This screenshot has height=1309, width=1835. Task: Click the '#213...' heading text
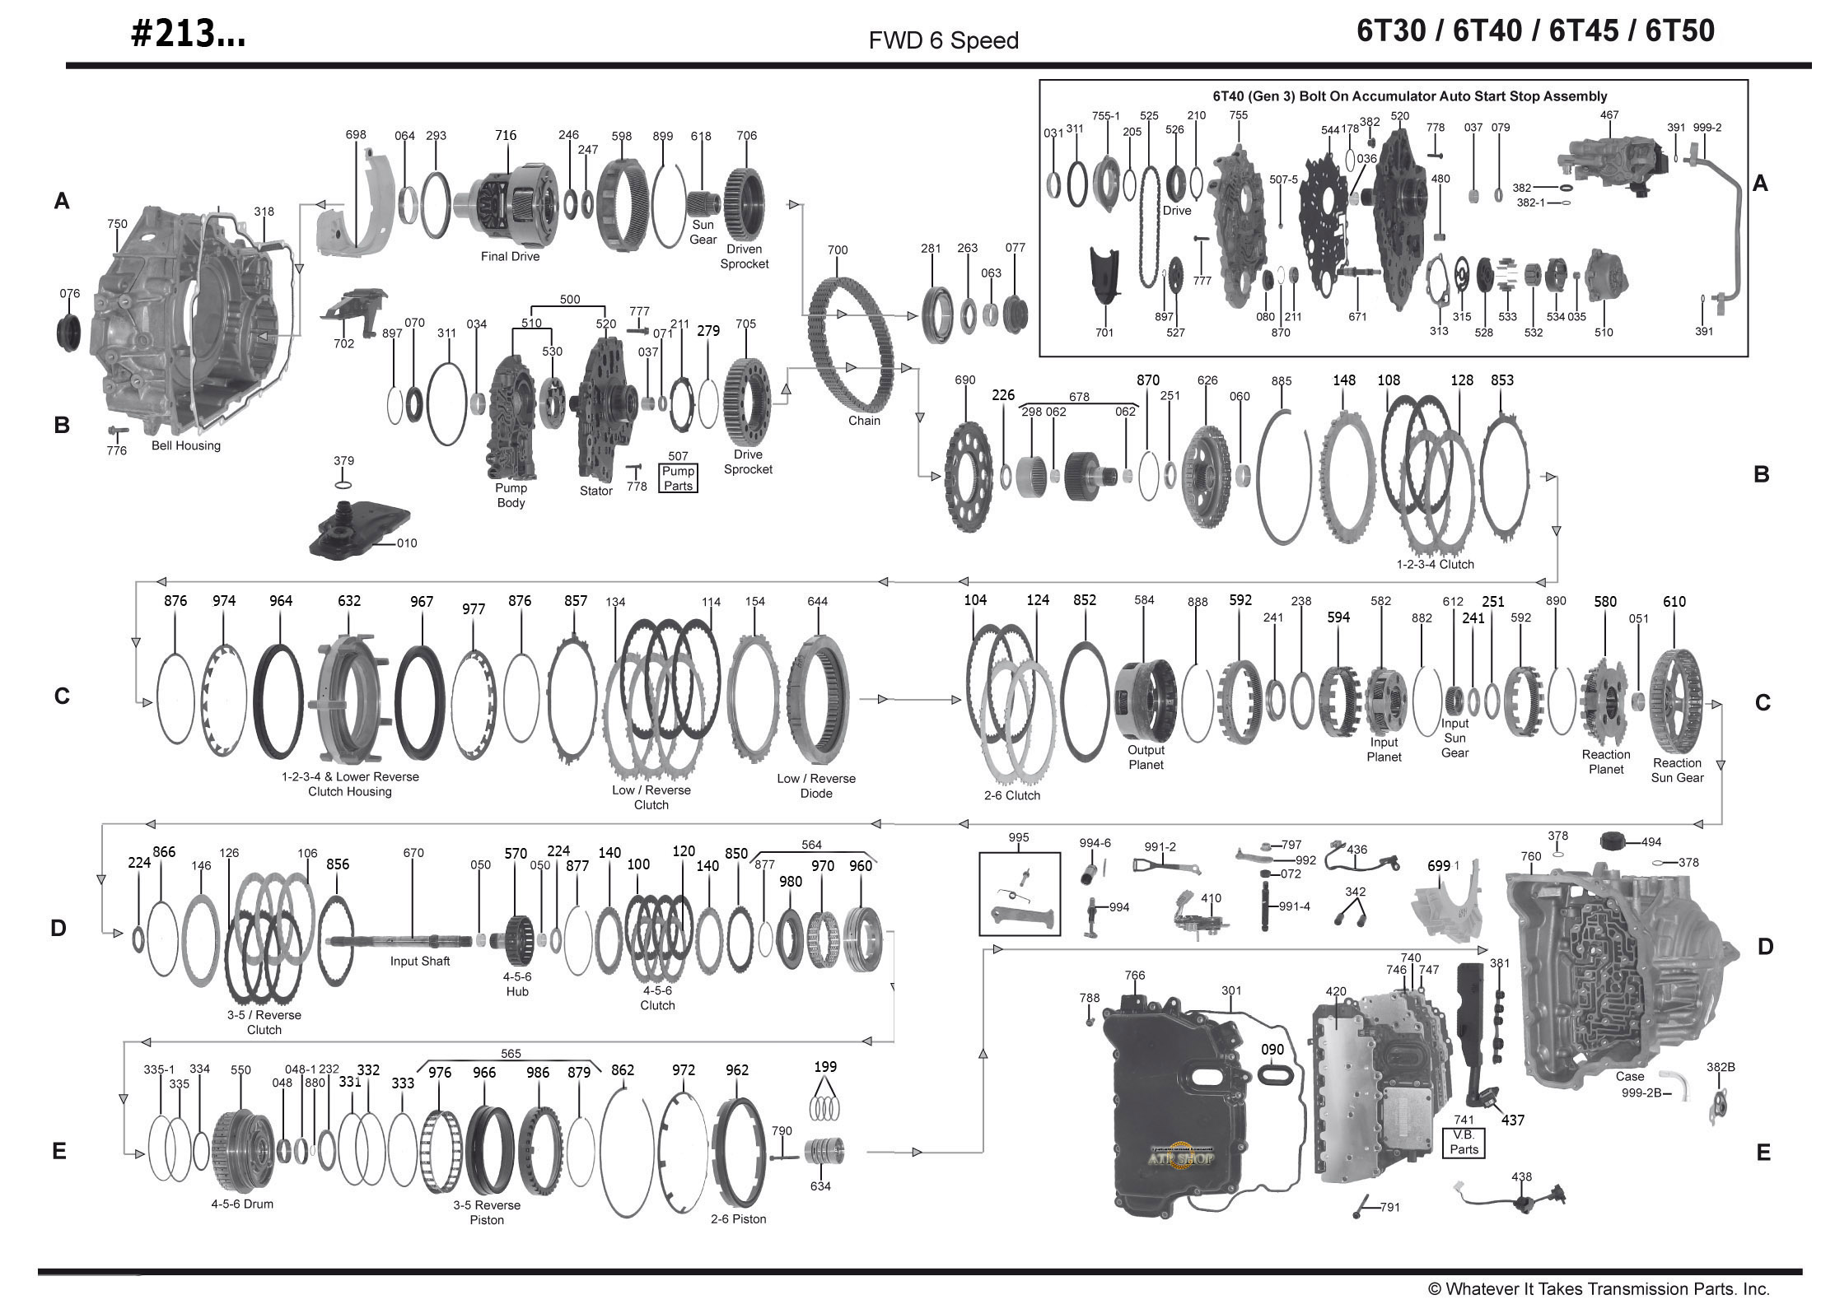[188, 34]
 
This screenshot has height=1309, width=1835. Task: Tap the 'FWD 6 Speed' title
[943, 40]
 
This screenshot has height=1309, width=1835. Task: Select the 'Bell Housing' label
[185, 445]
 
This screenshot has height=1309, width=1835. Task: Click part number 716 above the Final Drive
[505, 135]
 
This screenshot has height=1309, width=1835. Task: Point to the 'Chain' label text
[864, 421]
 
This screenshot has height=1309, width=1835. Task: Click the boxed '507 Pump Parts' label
[678, 471]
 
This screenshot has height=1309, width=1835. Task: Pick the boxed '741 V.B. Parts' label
[1464, 1141]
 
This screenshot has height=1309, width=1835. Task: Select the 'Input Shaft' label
[420, 961]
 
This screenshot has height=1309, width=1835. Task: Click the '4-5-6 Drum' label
[242, 1204]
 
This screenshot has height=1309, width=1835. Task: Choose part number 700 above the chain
[837, 250]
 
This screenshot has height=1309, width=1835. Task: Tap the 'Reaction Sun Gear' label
[1677, 770]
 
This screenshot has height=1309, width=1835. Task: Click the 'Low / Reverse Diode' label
[816, 785]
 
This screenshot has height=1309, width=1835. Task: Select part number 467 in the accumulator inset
[1609, 115]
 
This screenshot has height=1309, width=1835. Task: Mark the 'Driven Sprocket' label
[744, 256]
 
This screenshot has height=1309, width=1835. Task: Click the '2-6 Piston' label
[738, 1218]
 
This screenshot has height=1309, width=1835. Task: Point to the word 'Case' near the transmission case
[1629, 1076]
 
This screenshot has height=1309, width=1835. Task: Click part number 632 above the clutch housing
[349, 601]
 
